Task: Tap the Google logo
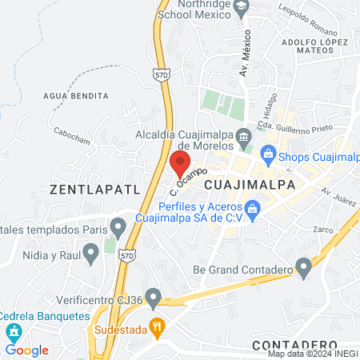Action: [x=26, y=350]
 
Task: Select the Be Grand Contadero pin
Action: [x=303, y=266]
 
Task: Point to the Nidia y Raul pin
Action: [x=91, y=254]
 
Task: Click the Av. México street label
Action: [x=245, y=55]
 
